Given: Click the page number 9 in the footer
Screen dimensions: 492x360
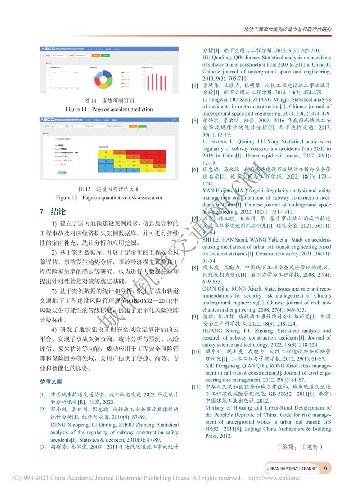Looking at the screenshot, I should tap(325, 469).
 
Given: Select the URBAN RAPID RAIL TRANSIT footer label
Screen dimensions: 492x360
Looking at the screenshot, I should tap(292, 469).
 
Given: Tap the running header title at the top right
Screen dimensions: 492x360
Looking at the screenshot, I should tap(287, 29).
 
